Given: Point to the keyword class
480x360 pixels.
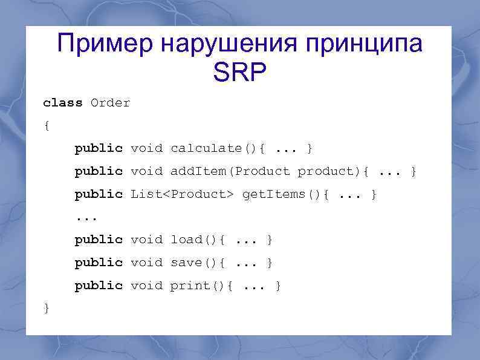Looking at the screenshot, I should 63,103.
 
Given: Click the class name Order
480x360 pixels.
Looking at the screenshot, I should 110,103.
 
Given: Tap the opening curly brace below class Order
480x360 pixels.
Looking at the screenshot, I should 47,126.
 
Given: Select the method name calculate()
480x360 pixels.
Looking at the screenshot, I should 206,148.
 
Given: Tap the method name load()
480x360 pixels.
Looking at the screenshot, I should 194,240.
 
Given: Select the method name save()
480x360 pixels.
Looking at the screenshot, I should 194,263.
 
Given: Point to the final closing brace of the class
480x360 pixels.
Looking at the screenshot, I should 47,308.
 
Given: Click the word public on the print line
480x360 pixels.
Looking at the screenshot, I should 99,285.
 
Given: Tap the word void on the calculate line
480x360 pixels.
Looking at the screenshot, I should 146,148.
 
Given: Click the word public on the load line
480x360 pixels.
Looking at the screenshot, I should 99,240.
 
